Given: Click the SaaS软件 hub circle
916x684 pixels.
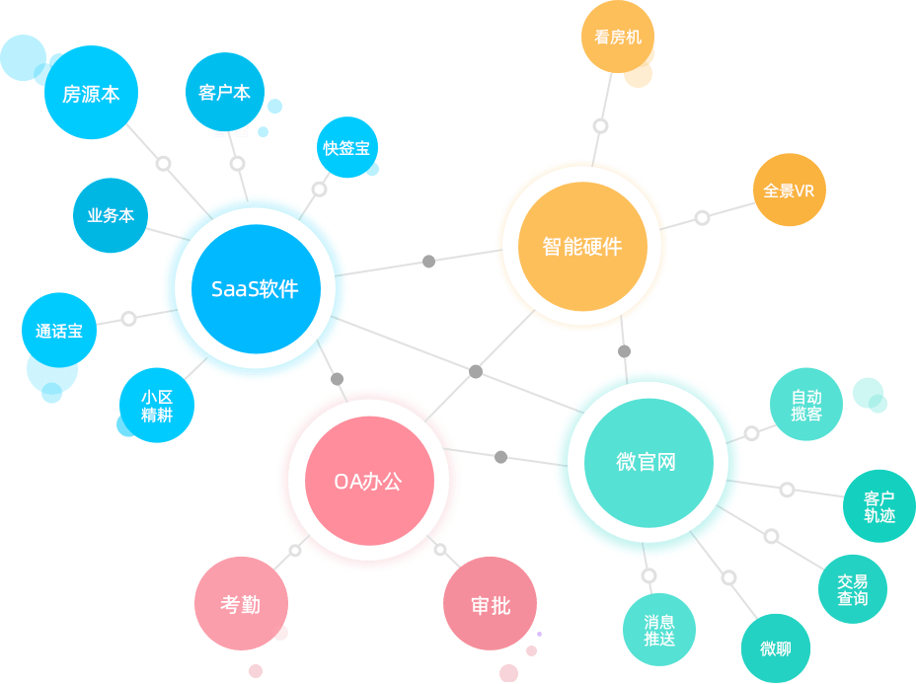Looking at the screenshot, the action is [256, 288].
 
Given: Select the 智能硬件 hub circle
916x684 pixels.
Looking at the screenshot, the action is [582, 246].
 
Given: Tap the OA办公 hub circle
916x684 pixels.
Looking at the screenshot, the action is [369, 480].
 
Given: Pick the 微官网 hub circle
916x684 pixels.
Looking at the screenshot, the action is [649, 463].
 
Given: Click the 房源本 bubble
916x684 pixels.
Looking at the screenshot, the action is [91, 93].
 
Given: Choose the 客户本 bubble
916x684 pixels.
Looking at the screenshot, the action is [225, 92].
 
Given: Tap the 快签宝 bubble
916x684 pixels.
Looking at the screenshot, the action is [347, 147].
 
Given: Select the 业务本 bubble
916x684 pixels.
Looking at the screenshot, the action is [111, 215].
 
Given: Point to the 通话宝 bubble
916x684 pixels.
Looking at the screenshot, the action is [59, 330].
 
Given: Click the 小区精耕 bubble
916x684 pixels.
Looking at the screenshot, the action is [157, 406].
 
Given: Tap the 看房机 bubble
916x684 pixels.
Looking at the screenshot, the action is [618, 37].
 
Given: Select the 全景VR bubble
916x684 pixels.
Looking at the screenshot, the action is [790, 190].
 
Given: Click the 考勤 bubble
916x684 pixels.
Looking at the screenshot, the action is [241, 603].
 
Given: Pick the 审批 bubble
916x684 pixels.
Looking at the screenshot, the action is [491, 603].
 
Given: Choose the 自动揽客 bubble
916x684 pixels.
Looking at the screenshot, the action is [806, 405].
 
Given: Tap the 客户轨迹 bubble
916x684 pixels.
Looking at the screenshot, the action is [879, 506].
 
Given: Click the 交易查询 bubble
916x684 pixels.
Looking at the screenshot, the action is [853, 589].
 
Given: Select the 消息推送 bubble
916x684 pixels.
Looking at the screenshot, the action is [659, 630].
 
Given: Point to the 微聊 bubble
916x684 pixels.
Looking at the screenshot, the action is [776, 648].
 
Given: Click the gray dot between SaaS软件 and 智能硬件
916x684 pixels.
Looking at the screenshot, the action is [428, 262].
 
